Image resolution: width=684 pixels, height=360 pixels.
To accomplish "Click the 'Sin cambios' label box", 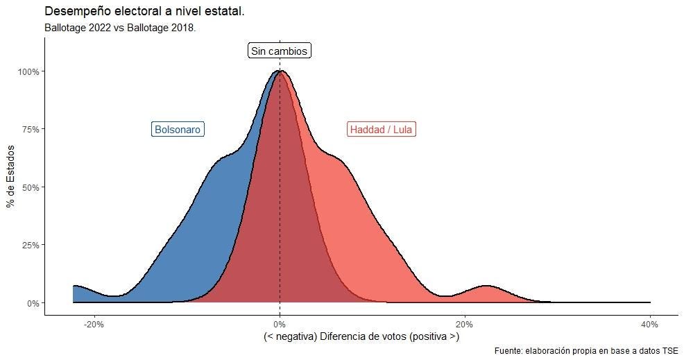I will [279, 51].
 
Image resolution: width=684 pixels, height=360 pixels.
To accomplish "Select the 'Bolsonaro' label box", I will [178, 130].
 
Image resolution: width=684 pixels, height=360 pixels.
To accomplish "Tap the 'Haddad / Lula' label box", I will [382, 130].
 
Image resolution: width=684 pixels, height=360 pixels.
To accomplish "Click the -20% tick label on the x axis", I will [94, 324].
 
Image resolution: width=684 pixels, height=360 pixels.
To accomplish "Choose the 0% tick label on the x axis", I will [280, 324].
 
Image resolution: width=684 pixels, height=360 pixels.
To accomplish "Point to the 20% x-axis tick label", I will [465, 324].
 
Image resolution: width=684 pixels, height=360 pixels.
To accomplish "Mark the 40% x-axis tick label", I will [650, 324].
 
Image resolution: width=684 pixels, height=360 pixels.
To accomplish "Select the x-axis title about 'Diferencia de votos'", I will [361, 337].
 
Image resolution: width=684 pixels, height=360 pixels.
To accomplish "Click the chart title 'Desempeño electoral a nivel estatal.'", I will [144, 12].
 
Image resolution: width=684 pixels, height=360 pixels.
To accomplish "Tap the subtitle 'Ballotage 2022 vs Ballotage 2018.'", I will [120, 28].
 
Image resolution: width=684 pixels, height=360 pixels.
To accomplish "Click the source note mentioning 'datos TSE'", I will [586, 351].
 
